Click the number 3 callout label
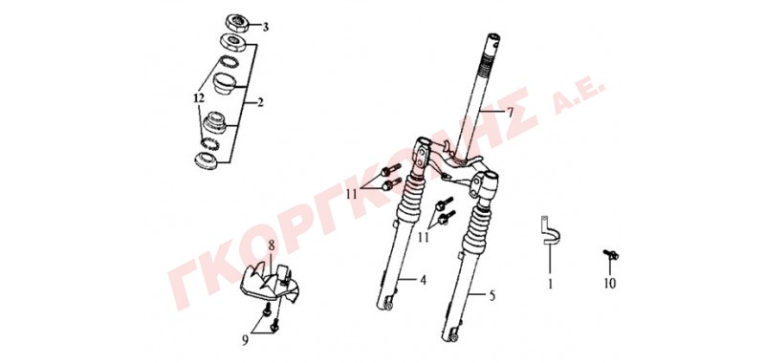pos(266,28)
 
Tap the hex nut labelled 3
pos(237,22)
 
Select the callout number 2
pos(260,103)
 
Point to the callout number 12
pos(198,98)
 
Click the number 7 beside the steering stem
pos(510,113)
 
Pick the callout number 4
pos(423,280)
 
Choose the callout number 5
pos(492,295)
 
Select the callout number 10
pos(610,283)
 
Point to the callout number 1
pos(551,283)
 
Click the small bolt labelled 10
pos(611,254)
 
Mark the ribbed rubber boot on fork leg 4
pos(409,201)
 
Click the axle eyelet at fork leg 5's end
pos(451,336)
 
